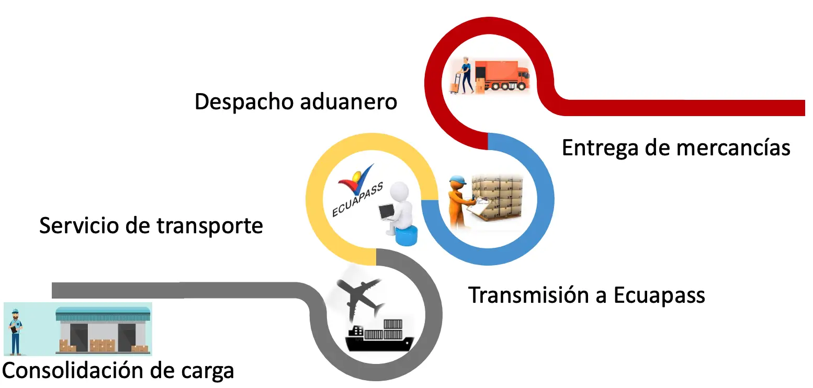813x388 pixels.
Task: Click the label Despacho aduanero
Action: (x=296, y=101)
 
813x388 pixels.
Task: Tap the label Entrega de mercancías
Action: (x=675, y=147)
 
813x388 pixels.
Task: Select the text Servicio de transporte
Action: (x=151, y=226)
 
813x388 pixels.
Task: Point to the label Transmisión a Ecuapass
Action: (x=586, y=295)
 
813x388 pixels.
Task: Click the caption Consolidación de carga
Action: (x=118, y=370)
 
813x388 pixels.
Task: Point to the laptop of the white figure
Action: (x=387, y=212)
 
